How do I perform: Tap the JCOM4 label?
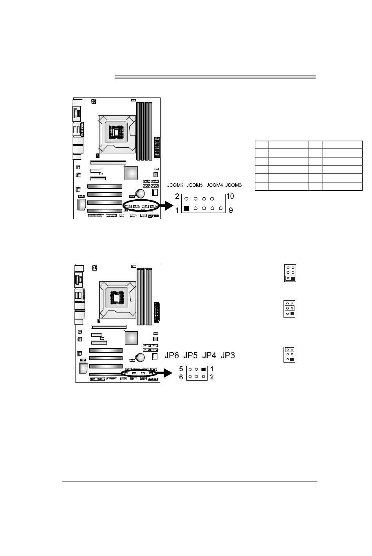click(215, 185)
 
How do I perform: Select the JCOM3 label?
click(233, 185)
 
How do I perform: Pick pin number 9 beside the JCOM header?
click(231, 210)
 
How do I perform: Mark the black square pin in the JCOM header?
click(186, 208)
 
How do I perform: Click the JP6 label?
click(171, 356)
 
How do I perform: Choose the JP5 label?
click(190, 356)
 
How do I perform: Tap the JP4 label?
click(209, 356)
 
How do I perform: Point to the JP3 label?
click(228, 356)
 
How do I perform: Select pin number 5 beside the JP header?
click(181, 369)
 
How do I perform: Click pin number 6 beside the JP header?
click(181, 377)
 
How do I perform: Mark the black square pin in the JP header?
click(203, 369)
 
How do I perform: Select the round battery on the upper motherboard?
click(140, 193)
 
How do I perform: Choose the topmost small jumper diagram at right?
click(290, 273)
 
